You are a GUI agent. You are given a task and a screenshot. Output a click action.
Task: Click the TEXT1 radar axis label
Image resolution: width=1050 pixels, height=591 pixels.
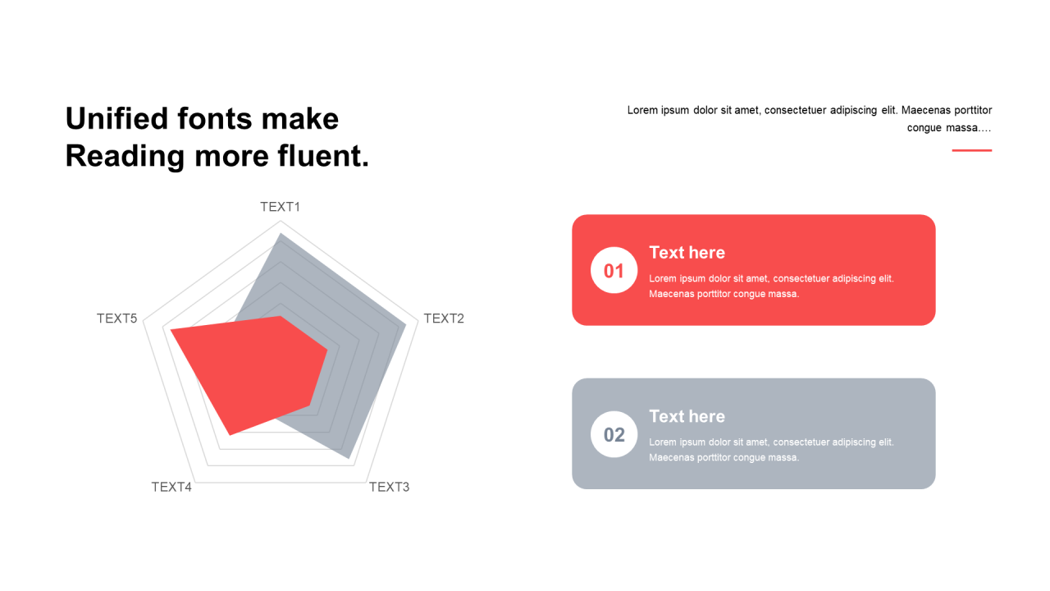click(280, 207)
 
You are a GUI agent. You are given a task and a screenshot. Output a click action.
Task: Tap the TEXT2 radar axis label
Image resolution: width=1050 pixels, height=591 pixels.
click(444, 318)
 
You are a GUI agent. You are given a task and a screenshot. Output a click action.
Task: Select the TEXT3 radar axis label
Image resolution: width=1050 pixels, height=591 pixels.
click(389, 487)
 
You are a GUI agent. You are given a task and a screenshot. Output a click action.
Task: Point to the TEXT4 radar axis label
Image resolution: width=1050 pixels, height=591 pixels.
click(171, 487)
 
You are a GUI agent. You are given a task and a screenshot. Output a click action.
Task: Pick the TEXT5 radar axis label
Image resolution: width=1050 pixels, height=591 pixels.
click(116, 318)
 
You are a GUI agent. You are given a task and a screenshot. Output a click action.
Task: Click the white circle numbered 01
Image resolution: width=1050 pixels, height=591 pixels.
click(614, 270)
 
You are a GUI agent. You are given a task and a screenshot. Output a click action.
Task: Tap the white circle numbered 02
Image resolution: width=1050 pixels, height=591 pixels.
click(614, 434)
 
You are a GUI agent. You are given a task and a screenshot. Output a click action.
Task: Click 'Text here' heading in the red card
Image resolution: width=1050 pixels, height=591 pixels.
click(687, 252)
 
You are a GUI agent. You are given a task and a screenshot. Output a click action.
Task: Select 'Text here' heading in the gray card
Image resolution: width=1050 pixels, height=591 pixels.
click(687, 416)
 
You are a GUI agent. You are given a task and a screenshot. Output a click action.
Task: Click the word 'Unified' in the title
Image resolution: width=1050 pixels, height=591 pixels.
click(116, 118)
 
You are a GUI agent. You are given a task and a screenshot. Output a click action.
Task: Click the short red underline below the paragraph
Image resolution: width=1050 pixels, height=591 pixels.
click(972, 150)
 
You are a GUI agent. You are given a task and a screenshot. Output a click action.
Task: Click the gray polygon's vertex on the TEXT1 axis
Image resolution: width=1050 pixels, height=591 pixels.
click(281, 234)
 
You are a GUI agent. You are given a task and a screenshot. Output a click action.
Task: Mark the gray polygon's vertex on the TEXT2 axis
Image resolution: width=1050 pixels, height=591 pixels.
click(406, 323)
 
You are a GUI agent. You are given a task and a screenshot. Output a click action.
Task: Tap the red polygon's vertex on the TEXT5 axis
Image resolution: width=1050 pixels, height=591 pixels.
click(170, 330)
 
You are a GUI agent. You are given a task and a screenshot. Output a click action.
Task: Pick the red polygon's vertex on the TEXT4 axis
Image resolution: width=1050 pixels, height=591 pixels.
click(230, 435)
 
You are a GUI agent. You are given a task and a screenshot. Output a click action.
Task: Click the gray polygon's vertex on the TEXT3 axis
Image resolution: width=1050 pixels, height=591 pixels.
click(349, 458)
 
